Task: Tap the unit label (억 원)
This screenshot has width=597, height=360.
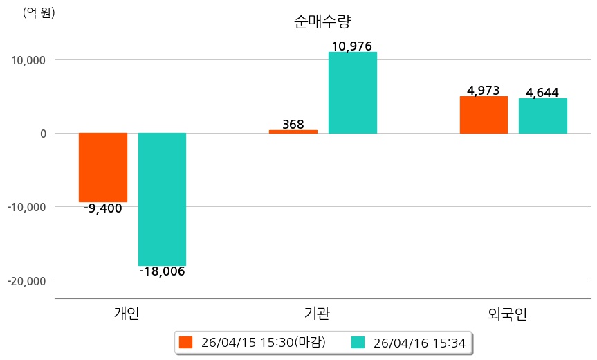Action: coord(39,12)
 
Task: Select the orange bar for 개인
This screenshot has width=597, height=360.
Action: coord(103,167)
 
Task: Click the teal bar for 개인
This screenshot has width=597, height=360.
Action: coord(162,199)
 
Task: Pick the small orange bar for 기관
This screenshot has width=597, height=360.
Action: coord(293,132)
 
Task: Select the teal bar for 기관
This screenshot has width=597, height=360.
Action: coord(353,93)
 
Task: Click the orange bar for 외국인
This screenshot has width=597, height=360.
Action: coord(484,115)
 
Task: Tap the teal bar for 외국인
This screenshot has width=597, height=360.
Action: coord(543,116)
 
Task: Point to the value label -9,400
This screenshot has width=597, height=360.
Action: coord(103,208)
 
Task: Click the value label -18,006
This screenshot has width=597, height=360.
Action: coord(162,271)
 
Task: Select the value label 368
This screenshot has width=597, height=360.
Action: coord(293,125)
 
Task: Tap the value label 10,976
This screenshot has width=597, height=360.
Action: coord(352,46)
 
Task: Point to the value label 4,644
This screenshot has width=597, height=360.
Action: coord(542,93)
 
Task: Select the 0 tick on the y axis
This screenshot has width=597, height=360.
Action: coord(42,134)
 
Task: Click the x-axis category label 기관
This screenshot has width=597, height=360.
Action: coord(317,313)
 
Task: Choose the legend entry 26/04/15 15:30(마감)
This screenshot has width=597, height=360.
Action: coord(253,342)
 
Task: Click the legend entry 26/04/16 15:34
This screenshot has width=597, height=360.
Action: coord(410,342)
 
